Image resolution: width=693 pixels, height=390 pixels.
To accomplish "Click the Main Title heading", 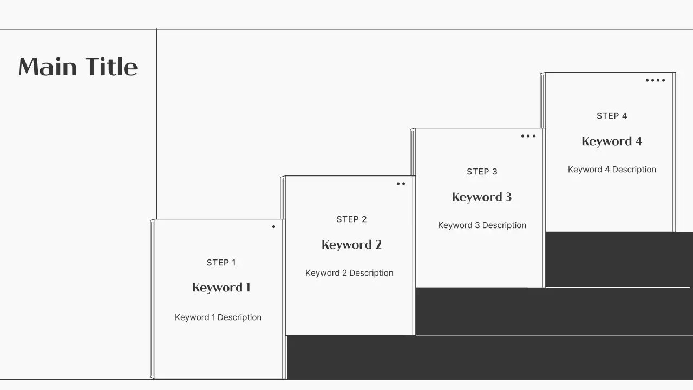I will tap(78, 67).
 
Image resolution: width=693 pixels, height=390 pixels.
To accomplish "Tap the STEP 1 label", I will tap(221, 263).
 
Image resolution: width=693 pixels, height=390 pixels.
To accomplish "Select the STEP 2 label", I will tap(351, 219).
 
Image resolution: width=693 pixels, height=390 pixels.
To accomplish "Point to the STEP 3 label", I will tap(482, 172).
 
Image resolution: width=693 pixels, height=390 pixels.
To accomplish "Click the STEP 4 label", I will tap(612, 116).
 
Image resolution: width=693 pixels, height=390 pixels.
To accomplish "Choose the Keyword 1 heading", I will tap(221, 288).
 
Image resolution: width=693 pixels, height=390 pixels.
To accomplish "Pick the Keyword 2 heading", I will tap(351, 245).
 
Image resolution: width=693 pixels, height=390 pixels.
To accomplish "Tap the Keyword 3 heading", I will tap(482, 197).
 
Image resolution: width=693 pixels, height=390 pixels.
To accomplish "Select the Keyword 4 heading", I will tap(612, 141).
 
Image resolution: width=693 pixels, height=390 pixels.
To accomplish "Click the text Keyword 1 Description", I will tap(218, 317).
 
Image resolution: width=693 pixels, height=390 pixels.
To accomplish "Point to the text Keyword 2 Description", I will tap(349, 273).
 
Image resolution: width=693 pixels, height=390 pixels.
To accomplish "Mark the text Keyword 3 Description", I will tap(482, 225).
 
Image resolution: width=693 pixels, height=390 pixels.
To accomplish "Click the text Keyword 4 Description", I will tap(612, 170).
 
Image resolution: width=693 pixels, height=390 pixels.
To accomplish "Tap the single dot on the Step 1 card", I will tap(273, 226).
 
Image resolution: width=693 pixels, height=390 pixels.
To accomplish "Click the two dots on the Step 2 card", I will tap(401, 184).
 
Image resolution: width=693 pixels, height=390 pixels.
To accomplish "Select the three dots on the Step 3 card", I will tap(528, 136).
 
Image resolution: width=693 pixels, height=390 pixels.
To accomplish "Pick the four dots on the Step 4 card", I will tap(655, 80).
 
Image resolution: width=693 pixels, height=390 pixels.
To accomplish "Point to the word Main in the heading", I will tap(48, 67).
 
